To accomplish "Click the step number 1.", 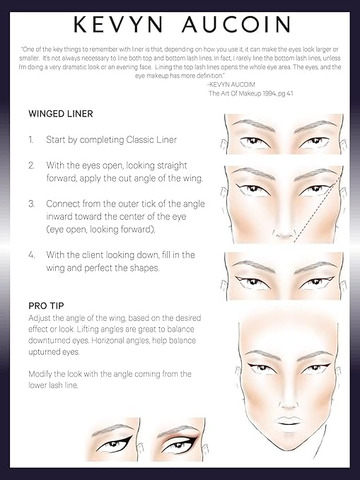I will tap(31, 140).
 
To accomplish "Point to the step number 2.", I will tap(31, 165).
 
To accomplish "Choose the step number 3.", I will tap(31, 203).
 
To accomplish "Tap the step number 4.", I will tap(31, 254).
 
